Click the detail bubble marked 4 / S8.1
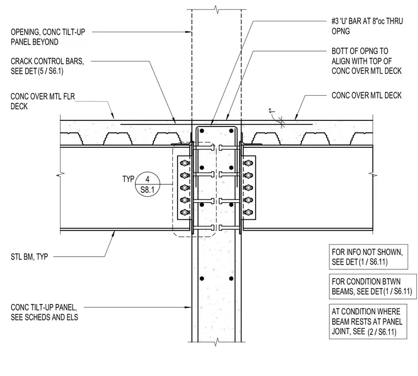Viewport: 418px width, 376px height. click(x=147, y=184)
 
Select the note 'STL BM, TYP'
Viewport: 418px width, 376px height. click(x=29, y=257)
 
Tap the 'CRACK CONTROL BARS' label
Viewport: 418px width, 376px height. click(x=47, y=61)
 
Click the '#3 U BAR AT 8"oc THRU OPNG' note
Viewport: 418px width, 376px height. click(x=367, y=26)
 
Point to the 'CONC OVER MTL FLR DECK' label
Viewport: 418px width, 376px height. click(x=43, y=101)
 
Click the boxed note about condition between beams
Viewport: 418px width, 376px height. click(x=373, y=286)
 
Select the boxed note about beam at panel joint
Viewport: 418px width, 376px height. click(x=368, y=322)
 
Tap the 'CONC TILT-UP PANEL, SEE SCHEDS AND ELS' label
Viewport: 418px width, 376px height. click(x=44, y=312)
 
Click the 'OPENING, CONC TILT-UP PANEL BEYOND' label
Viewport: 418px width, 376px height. click(x=48, y=37)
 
